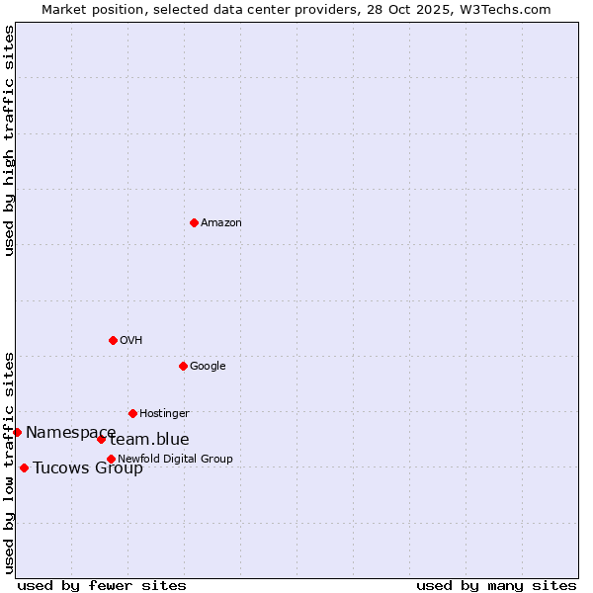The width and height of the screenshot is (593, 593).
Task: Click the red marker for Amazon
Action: [194, 222]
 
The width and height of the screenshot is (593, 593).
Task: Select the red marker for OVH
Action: [113, 340]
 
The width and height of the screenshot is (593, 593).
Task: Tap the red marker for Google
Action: [183, 366]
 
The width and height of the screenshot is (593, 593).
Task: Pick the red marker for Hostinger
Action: [132, 413]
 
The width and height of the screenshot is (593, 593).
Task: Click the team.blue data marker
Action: [101, 439]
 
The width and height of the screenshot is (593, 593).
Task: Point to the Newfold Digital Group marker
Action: [111, 459]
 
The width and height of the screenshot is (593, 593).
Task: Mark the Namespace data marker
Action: [17, 432]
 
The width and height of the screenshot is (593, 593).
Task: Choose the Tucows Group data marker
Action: [24, 467]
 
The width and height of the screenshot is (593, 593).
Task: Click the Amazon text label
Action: [221, 223]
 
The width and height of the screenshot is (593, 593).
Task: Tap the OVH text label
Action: [131, 341]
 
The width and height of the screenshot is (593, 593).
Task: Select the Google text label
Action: [208, 367]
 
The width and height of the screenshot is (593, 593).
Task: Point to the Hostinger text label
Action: [164, 414]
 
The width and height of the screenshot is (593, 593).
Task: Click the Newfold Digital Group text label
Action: [176, 460]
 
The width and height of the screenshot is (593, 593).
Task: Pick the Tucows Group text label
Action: [88, 468]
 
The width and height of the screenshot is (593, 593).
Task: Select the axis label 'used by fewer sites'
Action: [102, 586]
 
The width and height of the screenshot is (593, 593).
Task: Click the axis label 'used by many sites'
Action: [496, 586]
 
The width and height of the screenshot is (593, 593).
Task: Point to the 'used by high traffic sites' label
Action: [10, 140]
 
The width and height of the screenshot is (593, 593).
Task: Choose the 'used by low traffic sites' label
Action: [10, 462]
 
